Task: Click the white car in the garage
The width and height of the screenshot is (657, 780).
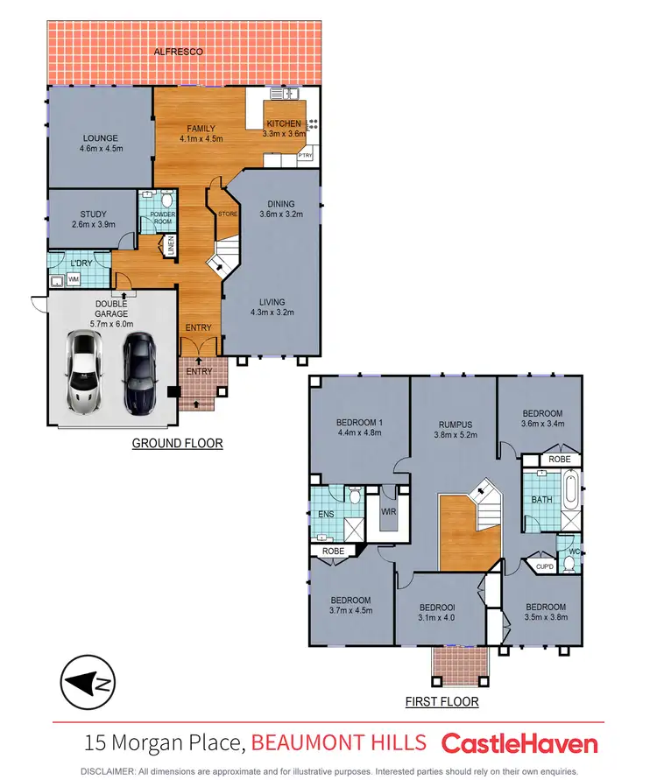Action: coord(84,373)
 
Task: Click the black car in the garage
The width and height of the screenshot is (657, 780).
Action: coord(138,373)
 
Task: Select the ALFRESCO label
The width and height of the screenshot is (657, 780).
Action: coord(179,53)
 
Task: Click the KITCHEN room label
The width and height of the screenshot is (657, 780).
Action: coord(284,123)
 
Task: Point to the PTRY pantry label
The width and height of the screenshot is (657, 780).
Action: coord(306,155)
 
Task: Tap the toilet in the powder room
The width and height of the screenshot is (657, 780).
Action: coord(167,200)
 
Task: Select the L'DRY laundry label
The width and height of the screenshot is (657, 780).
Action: coord(70,262)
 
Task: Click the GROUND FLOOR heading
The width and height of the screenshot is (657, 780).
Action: coord(177,444)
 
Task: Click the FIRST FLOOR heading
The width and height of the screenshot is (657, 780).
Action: coord(442,702)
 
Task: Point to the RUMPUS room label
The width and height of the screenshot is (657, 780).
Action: coord(456,425)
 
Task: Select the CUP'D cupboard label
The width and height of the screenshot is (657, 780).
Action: coord(545,566)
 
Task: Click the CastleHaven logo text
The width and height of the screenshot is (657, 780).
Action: coord(519,744)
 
